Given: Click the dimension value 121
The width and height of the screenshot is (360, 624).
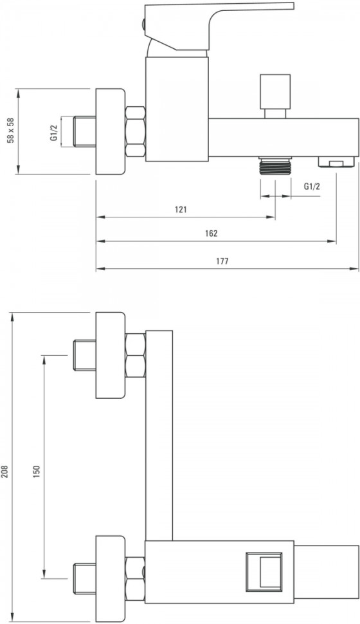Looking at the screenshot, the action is [x=181, y=210].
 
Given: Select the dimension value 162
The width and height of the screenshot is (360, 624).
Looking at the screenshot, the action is [x=212, y=234].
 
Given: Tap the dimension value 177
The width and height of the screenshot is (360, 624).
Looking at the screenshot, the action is [x=222, y=261].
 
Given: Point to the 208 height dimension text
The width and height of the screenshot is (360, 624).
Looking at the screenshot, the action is [x=4, y=472].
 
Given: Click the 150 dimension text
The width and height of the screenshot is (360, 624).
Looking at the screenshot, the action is [x=37, y=472].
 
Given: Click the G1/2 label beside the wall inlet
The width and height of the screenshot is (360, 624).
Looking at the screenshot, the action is [x=54, y=132].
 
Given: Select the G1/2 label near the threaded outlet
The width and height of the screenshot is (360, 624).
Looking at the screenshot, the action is [x=312, y=187].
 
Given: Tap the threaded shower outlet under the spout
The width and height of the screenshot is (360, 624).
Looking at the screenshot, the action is [x=275, y=165].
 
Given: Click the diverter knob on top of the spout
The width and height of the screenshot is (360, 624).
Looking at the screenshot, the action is [x=275, y=96].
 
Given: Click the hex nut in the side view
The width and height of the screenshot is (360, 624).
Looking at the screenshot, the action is [x=135, y=131].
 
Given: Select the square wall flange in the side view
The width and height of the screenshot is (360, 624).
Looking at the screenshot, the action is [x=110, y=131].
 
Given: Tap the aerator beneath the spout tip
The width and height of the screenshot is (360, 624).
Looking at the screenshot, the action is [x=336, y=162].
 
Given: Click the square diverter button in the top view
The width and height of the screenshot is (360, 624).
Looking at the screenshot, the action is [x=264, y=571].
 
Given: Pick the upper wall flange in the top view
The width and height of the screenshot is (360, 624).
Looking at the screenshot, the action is [x=110, y=355].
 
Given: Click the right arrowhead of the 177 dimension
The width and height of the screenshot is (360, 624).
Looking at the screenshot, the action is [x=355, y=269].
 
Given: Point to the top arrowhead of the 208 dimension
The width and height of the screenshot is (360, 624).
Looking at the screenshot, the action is [x=13, y=317].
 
